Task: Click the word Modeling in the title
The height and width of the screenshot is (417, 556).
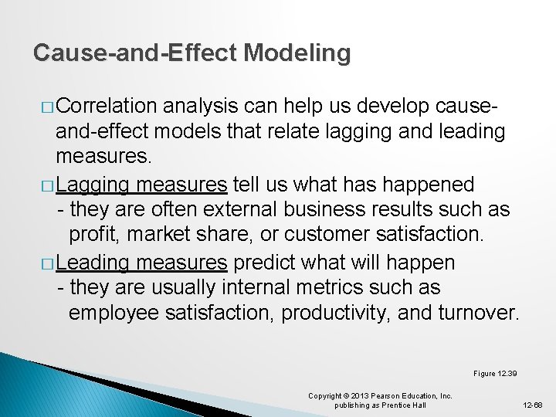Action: pyautogui.click(x=297, y=53)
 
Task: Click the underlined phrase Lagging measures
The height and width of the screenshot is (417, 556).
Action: pyautogui.click(x=141, y=184)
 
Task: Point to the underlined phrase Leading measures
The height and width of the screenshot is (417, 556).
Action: pyautogui.click(x=141, y=263)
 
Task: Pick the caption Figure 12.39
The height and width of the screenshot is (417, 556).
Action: pyautogui.click(x=495, y=374)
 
